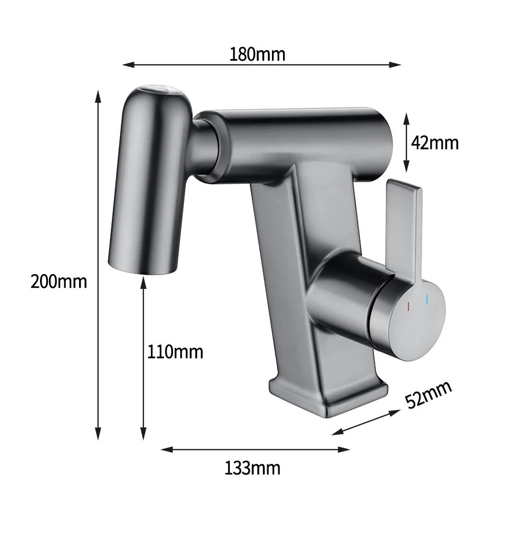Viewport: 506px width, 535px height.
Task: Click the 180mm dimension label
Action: point(257,55)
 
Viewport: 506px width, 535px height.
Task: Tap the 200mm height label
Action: point(59,282)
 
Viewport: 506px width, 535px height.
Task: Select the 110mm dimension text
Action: point(175,352)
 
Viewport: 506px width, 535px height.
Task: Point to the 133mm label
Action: point(252,468)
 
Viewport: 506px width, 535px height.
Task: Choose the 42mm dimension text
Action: point(435,143)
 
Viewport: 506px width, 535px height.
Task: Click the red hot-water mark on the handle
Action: point(408,306)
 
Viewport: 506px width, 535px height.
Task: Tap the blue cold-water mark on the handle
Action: point(427,299)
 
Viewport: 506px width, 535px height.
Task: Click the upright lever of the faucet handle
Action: point(404,229)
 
